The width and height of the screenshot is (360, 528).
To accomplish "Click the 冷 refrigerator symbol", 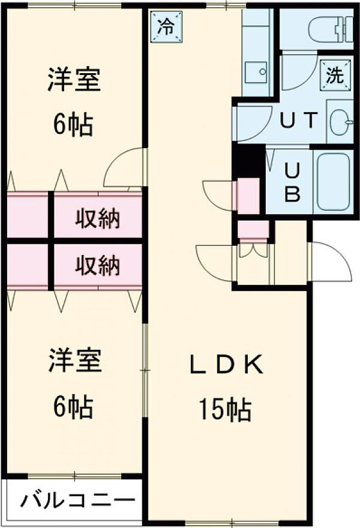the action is (166, 27).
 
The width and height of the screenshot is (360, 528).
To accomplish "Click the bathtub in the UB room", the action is (333, 181).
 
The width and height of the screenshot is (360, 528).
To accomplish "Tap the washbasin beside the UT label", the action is (340, 122).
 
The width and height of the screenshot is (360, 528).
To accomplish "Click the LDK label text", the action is (226, 365).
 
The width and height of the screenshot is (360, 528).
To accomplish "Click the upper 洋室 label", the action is (74, 79).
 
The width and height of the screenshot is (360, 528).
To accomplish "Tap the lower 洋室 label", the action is (75, 360).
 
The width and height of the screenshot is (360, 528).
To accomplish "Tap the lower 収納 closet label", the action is (97, 266).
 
